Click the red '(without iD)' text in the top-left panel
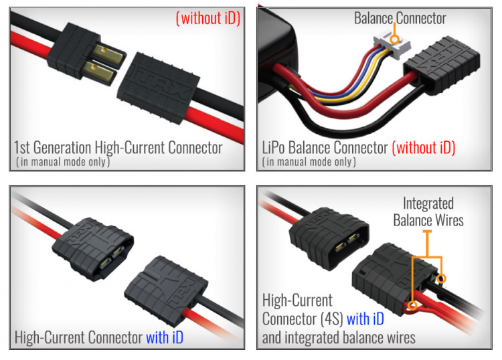pos(207,18)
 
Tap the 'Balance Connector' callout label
pos(400,18)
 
